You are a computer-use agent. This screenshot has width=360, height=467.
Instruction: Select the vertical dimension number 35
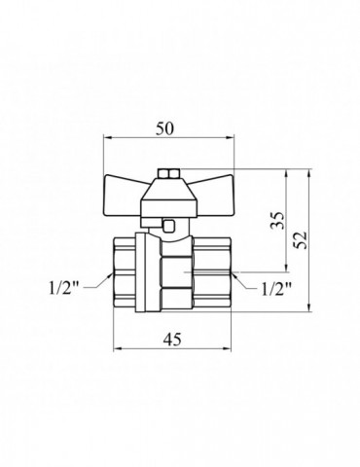[278, 220]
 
